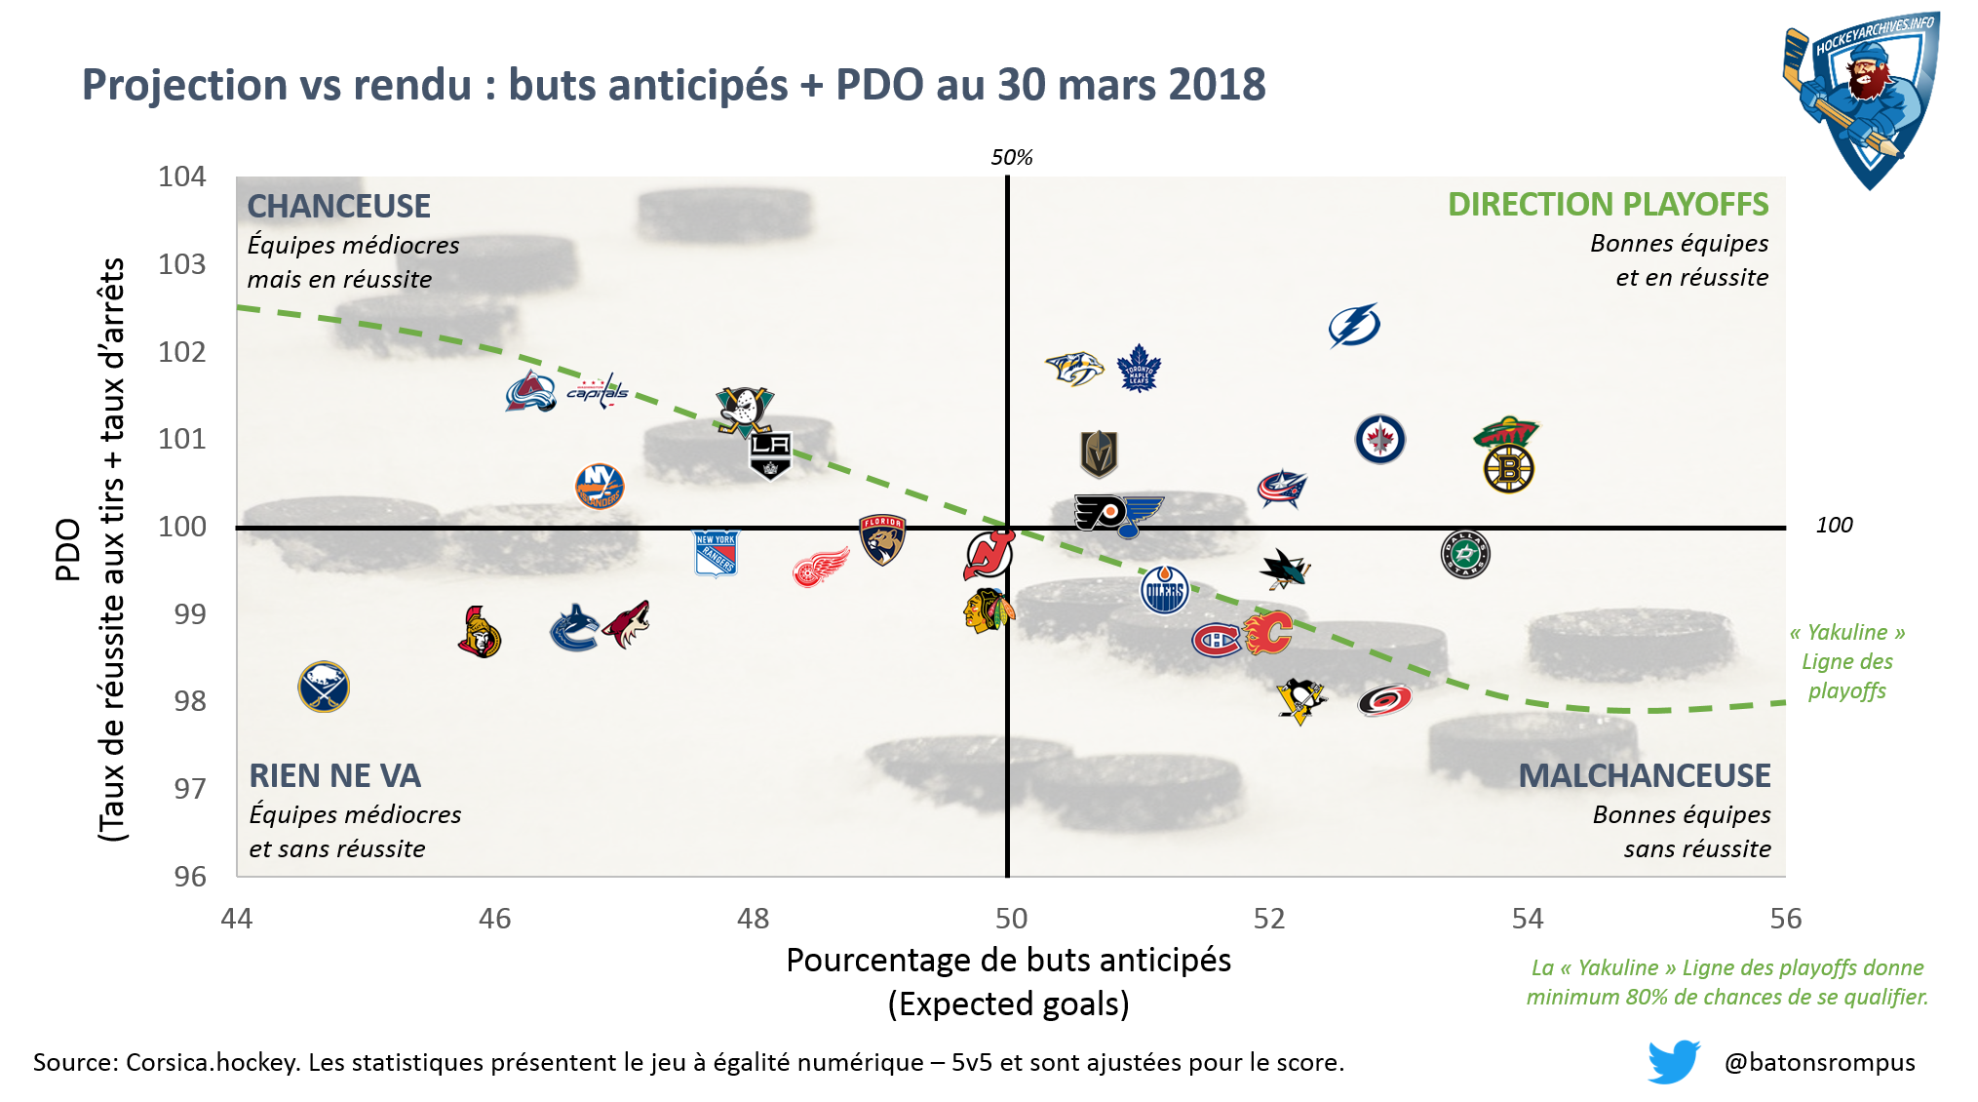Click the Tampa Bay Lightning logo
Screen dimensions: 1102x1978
(1354, 326)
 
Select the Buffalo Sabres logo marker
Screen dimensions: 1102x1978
(324, 687)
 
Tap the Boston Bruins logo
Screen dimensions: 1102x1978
(1508, 469)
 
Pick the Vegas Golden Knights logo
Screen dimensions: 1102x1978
(1099, 453)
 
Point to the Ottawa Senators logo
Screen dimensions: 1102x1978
(479, 632)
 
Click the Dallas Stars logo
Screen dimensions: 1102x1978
(1464, 554)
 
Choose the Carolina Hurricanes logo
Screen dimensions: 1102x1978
(1384, 699)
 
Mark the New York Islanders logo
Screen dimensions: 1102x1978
(600, 486)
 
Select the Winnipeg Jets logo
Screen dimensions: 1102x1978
(1379, 439)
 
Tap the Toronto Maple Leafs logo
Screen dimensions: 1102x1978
(1139, 369)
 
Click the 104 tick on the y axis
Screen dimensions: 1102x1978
(182, 177)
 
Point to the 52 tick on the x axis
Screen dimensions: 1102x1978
(1269, 918)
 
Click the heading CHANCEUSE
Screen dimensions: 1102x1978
(338, 206)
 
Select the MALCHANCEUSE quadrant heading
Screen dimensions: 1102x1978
(1644, 775)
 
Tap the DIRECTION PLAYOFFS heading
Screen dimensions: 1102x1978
(1608, 205)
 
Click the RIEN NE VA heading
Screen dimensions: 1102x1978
(334, 775)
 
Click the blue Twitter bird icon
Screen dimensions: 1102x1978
(1673, 1061)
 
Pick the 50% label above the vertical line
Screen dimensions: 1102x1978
(1011, 157)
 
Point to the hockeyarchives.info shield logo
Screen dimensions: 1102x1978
(1861, 98)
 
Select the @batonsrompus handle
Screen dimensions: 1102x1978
(1819, 1062)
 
